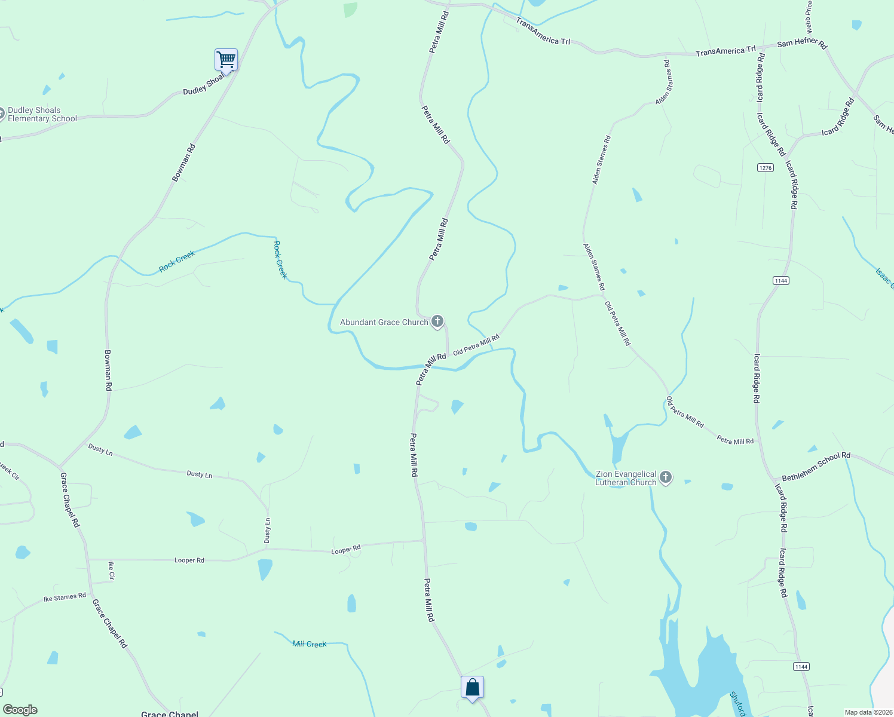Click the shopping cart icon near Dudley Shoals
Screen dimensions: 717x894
pos(226,60)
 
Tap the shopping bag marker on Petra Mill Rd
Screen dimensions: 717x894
pos(472,688)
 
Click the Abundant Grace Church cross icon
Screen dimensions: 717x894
pos(437,322)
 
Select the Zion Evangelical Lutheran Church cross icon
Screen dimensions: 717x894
pos(666,477)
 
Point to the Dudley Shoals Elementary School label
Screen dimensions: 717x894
pos(42,114)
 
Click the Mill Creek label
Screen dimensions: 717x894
pos(310,644)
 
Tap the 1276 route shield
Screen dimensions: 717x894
pos(766,167)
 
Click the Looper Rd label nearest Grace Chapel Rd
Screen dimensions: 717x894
pos(189,560)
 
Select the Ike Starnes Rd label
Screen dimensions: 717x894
pos(65,597)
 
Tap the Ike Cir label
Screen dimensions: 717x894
pos(111,571)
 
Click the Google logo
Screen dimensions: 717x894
pos(20,710)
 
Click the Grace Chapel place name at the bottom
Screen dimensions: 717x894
pos(170,713)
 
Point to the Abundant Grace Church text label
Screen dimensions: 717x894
pos(384,322)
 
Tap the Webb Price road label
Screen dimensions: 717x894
pos(809,16)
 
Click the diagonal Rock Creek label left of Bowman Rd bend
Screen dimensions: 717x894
pos(177,262)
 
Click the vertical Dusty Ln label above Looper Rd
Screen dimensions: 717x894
pos(267,531)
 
